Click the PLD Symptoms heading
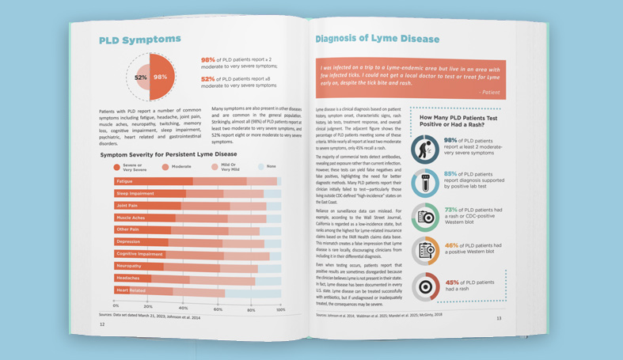point(139,40)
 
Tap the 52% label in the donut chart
point(140,78)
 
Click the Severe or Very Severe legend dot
point(117,167)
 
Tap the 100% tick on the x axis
point(280,307)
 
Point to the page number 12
point(102,324)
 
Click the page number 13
point(499,318)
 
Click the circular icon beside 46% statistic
point(426,252)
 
